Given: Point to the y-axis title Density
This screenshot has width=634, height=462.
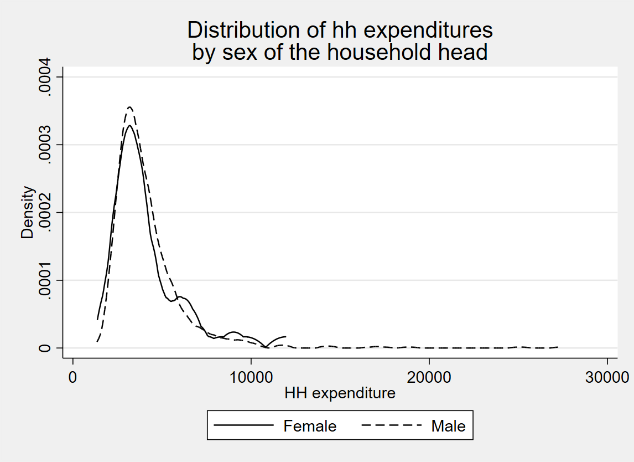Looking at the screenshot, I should pos(28,213).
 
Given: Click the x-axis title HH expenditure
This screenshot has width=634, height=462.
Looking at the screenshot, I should pos(340,393).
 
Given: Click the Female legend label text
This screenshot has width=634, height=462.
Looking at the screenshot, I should pos(310,426).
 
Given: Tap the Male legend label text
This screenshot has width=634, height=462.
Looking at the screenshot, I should pos(448,426).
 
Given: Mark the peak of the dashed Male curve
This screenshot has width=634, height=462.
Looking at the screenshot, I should pos(129,107).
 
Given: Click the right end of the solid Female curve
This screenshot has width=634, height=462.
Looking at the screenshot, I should pos(285,336).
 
